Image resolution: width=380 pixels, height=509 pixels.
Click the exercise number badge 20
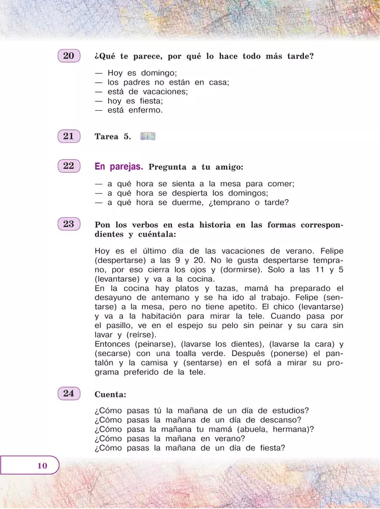[x=68, y=56]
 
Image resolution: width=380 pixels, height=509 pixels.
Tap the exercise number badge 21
[x=68, y=136]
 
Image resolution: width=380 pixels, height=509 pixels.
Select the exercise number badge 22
[x=68, y=166]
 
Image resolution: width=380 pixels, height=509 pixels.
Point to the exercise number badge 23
[x=68, y=224]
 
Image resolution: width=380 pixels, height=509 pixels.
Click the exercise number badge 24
[x=68, y=393]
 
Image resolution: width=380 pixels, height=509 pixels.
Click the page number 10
[x=41, y=466]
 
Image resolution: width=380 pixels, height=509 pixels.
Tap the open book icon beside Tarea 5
[x=148, y=136]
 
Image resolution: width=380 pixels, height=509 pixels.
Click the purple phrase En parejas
[x=119, y=166]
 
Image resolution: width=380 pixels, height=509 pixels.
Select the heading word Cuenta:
[x=110, y=394]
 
